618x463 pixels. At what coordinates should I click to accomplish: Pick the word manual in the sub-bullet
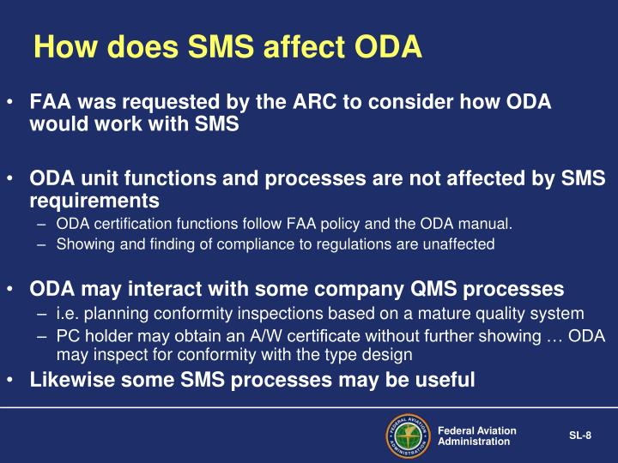point(488,225)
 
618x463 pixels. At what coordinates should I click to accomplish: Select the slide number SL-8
point(580,436)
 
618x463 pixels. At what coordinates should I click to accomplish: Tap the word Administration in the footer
point(473,442)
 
